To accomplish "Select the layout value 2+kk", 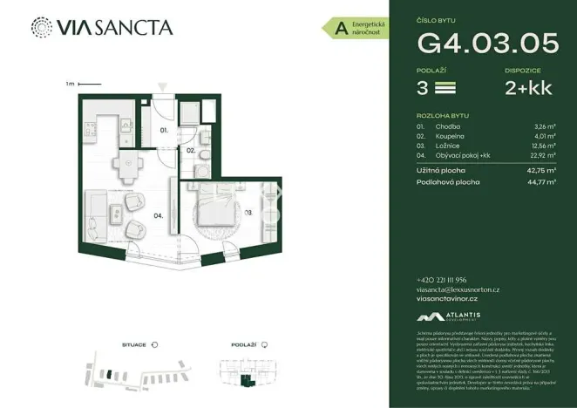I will [527, 87].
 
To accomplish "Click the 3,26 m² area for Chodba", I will [545, 126].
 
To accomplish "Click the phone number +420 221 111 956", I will [445, 279].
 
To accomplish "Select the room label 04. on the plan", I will [160, 214].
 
